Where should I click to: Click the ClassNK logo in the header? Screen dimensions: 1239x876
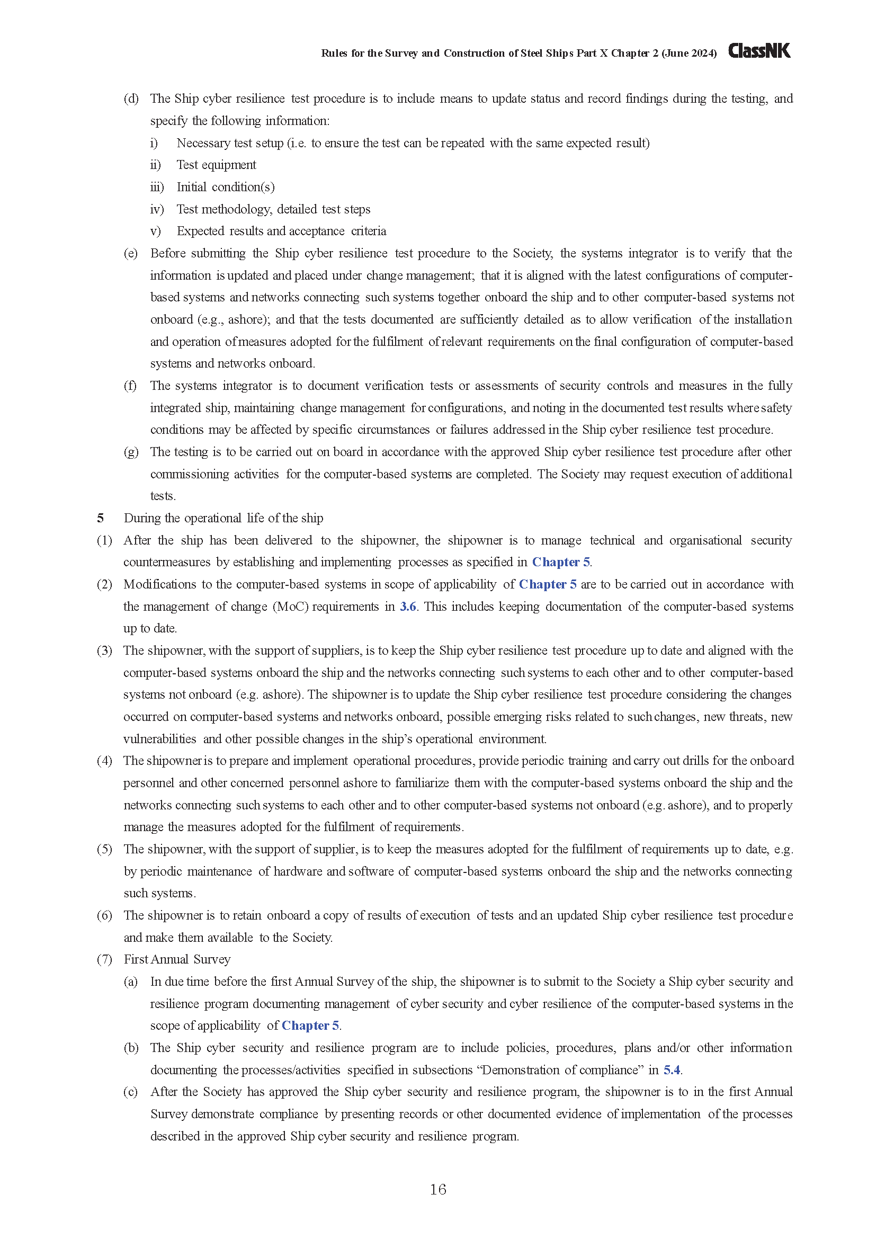click(x=759, y=51)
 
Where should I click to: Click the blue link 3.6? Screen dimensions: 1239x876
click(x=408, y=607)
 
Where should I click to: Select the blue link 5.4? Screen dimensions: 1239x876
click(x=672, y=1069)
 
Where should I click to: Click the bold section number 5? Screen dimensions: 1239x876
click(x=100, y=518)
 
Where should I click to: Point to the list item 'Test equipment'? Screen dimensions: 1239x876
click(x=216, y=165)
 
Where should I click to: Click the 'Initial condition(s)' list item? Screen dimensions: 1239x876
click(x=226, y=186)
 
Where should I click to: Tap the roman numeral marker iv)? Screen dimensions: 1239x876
click(x=157, y=209)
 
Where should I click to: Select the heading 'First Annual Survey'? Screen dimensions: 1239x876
click(x=177, y=959)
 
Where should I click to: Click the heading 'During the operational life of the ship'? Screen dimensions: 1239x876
click(x=224, y=518)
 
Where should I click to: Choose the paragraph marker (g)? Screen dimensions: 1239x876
click(x=131, y=452)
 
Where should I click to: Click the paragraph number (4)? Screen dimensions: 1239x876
click(x=104, y=760)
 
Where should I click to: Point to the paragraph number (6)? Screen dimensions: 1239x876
click(x=104, y=915)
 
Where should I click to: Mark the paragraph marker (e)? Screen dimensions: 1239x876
click(x=131, y=253)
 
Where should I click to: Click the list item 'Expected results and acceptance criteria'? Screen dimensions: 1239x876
click(x=281, y=231)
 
